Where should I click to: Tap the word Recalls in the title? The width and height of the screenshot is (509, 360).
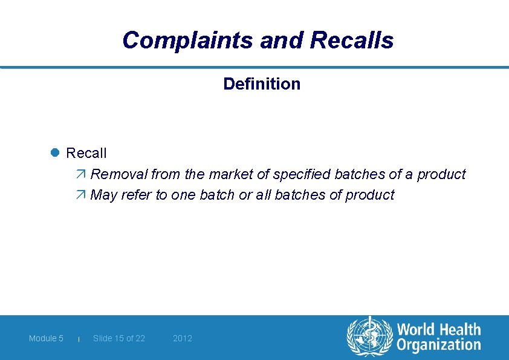click(x=351, y=41)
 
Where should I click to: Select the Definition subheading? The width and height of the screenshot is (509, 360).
click(x=262, y=83)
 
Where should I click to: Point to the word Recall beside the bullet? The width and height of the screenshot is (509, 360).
click(x=86, y=153)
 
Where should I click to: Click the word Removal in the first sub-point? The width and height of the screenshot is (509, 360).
click(x=119, y=174)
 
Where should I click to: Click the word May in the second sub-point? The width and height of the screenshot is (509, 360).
click(x=103, y=195)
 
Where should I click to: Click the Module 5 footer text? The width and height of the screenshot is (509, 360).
click(x=46, y=338)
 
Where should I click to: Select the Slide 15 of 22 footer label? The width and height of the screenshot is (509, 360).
click(x=119, y=338)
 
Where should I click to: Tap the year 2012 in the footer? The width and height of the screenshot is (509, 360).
click(x=183, y=338)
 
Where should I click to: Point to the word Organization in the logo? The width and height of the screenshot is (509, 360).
click(x=439, y=345)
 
